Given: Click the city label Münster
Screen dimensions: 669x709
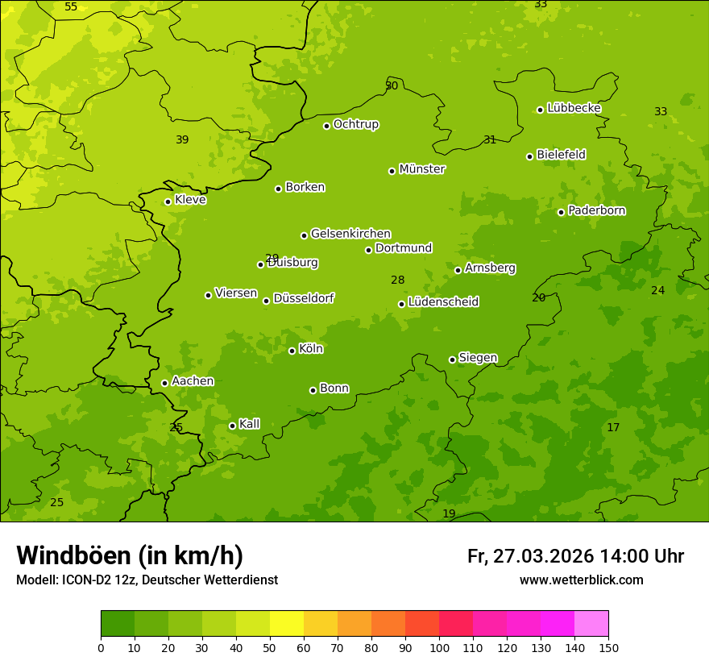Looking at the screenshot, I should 422,169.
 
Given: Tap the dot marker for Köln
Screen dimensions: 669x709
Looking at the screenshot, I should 292,351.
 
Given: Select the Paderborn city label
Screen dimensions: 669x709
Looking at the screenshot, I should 597,210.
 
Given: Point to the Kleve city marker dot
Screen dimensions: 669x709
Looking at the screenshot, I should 168,202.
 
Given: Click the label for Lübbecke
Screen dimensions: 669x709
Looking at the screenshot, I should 574,108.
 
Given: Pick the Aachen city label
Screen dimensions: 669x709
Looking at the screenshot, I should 193,381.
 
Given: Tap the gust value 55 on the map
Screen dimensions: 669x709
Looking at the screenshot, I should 71,7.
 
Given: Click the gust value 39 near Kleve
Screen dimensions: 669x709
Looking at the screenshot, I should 182,140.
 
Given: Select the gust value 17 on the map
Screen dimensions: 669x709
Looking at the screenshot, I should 613,428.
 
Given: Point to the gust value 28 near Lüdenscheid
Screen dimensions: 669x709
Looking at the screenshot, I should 397,280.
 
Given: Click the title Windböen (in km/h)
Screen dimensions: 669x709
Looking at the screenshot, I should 130,555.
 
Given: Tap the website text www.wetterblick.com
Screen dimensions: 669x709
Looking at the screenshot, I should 581,580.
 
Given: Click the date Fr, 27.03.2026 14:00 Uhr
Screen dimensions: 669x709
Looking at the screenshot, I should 575,556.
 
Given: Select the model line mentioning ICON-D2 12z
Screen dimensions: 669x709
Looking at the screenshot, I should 147,580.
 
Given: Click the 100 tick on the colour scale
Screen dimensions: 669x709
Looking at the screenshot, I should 439,647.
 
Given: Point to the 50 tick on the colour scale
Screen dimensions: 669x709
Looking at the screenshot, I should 270,647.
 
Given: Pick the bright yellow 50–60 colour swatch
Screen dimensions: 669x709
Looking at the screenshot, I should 287,624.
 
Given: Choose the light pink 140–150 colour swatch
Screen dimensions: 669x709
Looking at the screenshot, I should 591,624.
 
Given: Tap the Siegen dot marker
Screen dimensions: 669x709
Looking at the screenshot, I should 452,359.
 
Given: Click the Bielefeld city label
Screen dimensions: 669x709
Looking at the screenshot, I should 561,155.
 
